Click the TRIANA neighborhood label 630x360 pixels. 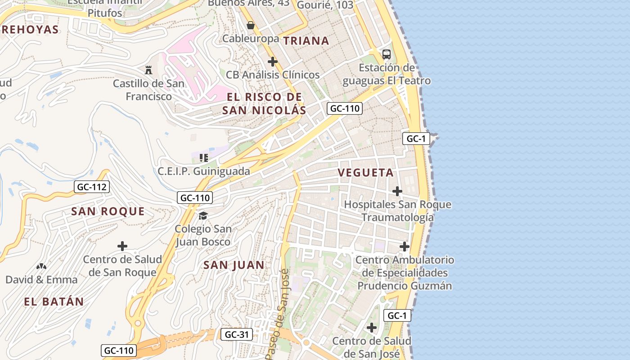(306, 40)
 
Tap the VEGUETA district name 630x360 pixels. (365, 172)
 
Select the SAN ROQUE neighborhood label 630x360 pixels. (108, 211)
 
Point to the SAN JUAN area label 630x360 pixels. (234, 265)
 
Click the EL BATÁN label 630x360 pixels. (54, 301)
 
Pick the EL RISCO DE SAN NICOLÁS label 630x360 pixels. (264, 103)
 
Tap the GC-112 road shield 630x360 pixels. (92, 187)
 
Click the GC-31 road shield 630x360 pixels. (237, 334)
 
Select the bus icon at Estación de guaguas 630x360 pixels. (386, 54)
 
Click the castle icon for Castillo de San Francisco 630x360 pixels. (148, 70)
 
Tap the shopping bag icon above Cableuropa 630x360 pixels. (251, 25)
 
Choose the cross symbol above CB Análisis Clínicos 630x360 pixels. (272, 62)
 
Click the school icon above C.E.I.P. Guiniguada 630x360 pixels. (203, 158)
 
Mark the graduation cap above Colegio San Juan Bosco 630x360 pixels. (203, 216)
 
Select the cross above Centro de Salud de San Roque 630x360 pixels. (122, 246)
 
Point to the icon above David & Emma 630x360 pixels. (41, 267)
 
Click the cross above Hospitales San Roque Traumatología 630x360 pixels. (397, 191)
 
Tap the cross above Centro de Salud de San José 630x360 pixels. (372, 328)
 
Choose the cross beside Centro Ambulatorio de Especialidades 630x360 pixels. (405, 247)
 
